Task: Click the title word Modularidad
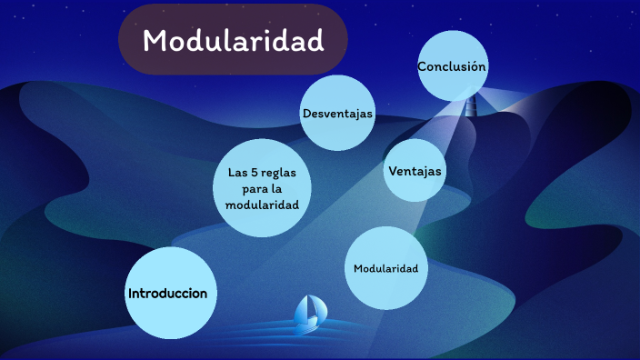click(x=233, y=41)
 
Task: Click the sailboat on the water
click(x=309, y=312)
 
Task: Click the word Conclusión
click(x=452, y=67)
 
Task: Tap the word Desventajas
click(x=338, y=113)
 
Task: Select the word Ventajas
click(x=415, y=171)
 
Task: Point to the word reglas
click(x=280, y=172)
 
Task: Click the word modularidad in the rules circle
click(x=262, y=205)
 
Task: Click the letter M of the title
click(x=156, y=41)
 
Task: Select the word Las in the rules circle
click(x=238, y=172)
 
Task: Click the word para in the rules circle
click(x=254, y=188)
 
